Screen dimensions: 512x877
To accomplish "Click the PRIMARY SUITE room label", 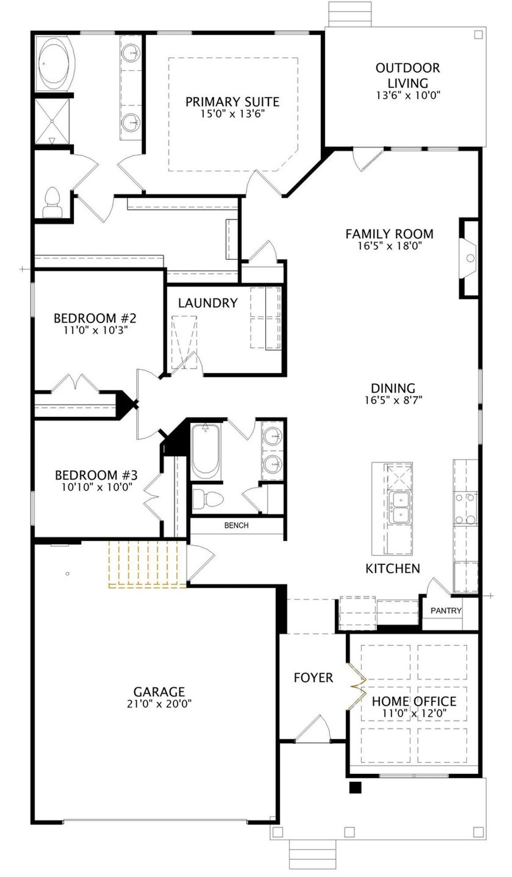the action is point(232,102).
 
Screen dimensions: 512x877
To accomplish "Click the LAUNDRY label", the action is point(208,303).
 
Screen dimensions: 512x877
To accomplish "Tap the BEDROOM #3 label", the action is point(96,475).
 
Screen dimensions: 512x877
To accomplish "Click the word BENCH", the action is point(236,525).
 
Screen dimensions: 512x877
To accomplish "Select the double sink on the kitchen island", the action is point(399,507).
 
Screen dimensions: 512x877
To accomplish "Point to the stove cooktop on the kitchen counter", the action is point(466,508).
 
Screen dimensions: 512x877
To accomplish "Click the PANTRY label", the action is point(446,611).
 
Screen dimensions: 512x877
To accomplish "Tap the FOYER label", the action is point(313,678).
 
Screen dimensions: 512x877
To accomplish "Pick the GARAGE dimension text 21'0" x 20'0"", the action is point(160,704).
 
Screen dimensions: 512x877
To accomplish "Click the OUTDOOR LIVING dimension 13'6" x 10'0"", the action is point(408,96).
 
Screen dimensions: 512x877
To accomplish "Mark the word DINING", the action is point(393,388).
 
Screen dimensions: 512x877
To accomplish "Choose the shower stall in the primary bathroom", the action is point(52,121).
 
